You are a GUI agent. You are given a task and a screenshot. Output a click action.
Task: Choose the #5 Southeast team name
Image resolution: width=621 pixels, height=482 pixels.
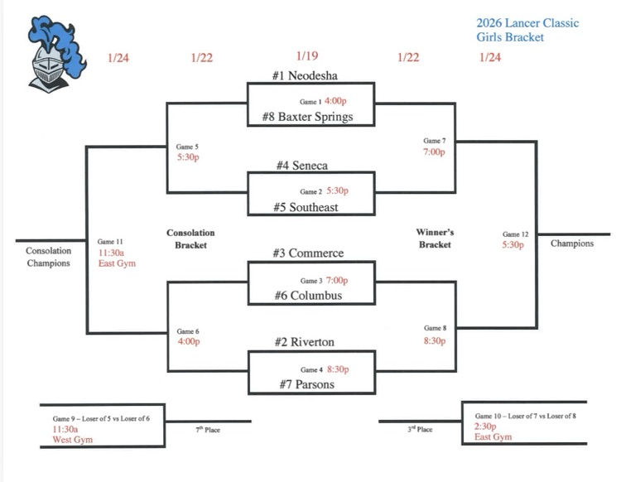pyautogui.click(x=306, y=207)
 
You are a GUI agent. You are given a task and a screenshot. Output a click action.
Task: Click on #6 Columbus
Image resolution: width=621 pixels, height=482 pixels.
pyautogui.click(x=307, y=296)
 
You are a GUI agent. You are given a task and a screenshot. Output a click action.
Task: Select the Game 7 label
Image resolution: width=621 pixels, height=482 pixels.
pyautogui.click(x=433, y=141)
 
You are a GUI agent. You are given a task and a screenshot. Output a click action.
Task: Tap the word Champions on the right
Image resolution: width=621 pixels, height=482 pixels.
pyautogui.click(x=572, y=243)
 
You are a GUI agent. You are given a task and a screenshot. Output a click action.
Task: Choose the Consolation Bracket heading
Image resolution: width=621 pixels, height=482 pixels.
pyautogui.click(x=190, y=239)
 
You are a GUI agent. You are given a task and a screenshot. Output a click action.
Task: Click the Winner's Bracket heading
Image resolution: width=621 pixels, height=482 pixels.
pyautogui.click(x=435, y=239)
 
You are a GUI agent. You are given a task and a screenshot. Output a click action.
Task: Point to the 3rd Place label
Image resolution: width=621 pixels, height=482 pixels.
pyautogui.click(x=421, y=430)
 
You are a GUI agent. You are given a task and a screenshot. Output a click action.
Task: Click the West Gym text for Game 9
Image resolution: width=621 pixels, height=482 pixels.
pyautogui.click(x=72, y=440)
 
